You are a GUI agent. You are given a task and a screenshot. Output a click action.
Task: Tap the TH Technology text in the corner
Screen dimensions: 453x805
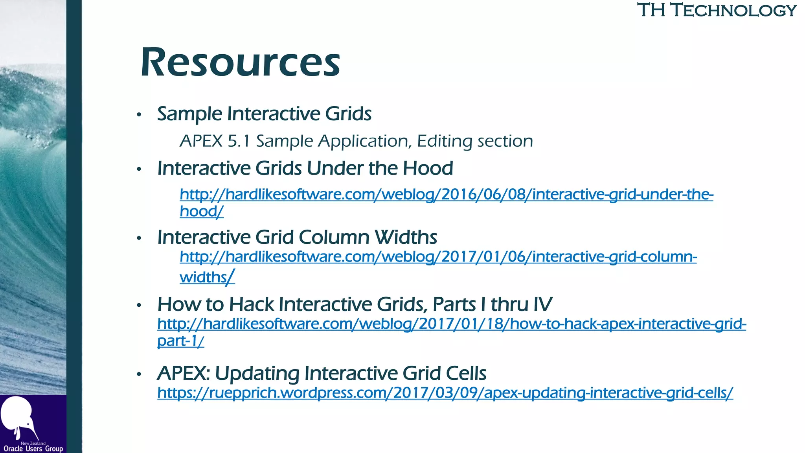click(x=716, y=10)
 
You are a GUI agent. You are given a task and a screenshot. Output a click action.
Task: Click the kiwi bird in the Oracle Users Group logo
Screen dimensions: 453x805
click(x=18, y=417)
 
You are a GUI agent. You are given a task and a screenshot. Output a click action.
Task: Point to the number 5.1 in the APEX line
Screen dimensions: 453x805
click(x=239, y=141)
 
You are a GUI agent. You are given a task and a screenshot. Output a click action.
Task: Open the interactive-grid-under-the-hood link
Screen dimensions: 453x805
click(x=446, y=195)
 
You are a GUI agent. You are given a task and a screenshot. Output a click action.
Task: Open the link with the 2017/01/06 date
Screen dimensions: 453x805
click(x=438, y=257)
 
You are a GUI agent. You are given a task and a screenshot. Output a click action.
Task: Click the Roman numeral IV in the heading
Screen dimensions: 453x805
click(x=542, y=304)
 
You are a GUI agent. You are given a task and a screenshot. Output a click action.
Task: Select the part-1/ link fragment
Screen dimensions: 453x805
click(x=180, y=341)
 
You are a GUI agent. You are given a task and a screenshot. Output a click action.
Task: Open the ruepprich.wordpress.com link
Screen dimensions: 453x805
click(x=445, y=393)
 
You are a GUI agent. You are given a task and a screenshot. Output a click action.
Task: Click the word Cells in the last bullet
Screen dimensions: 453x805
click(x=466, y=373)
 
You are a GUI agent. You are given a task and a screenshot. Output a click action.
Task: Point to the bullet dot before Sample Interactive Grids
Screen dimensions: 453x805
click(x=139, y=115)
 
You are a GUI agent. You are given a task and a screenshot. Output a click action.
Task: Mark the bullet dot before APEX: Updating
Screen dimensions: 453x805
click(x=139, y=374)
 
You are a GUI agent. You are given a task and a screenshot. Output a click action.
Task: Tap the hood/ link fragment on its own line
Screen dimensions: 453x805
click(x=201, y=212)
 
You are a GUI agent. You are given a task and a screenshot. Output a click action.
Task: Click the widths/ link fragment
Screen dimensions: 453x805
click(x=207, y=277)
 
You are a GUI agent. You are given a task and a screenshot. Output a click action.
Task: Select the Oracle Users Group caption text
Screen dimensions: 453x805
click(x=33, y=449)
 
